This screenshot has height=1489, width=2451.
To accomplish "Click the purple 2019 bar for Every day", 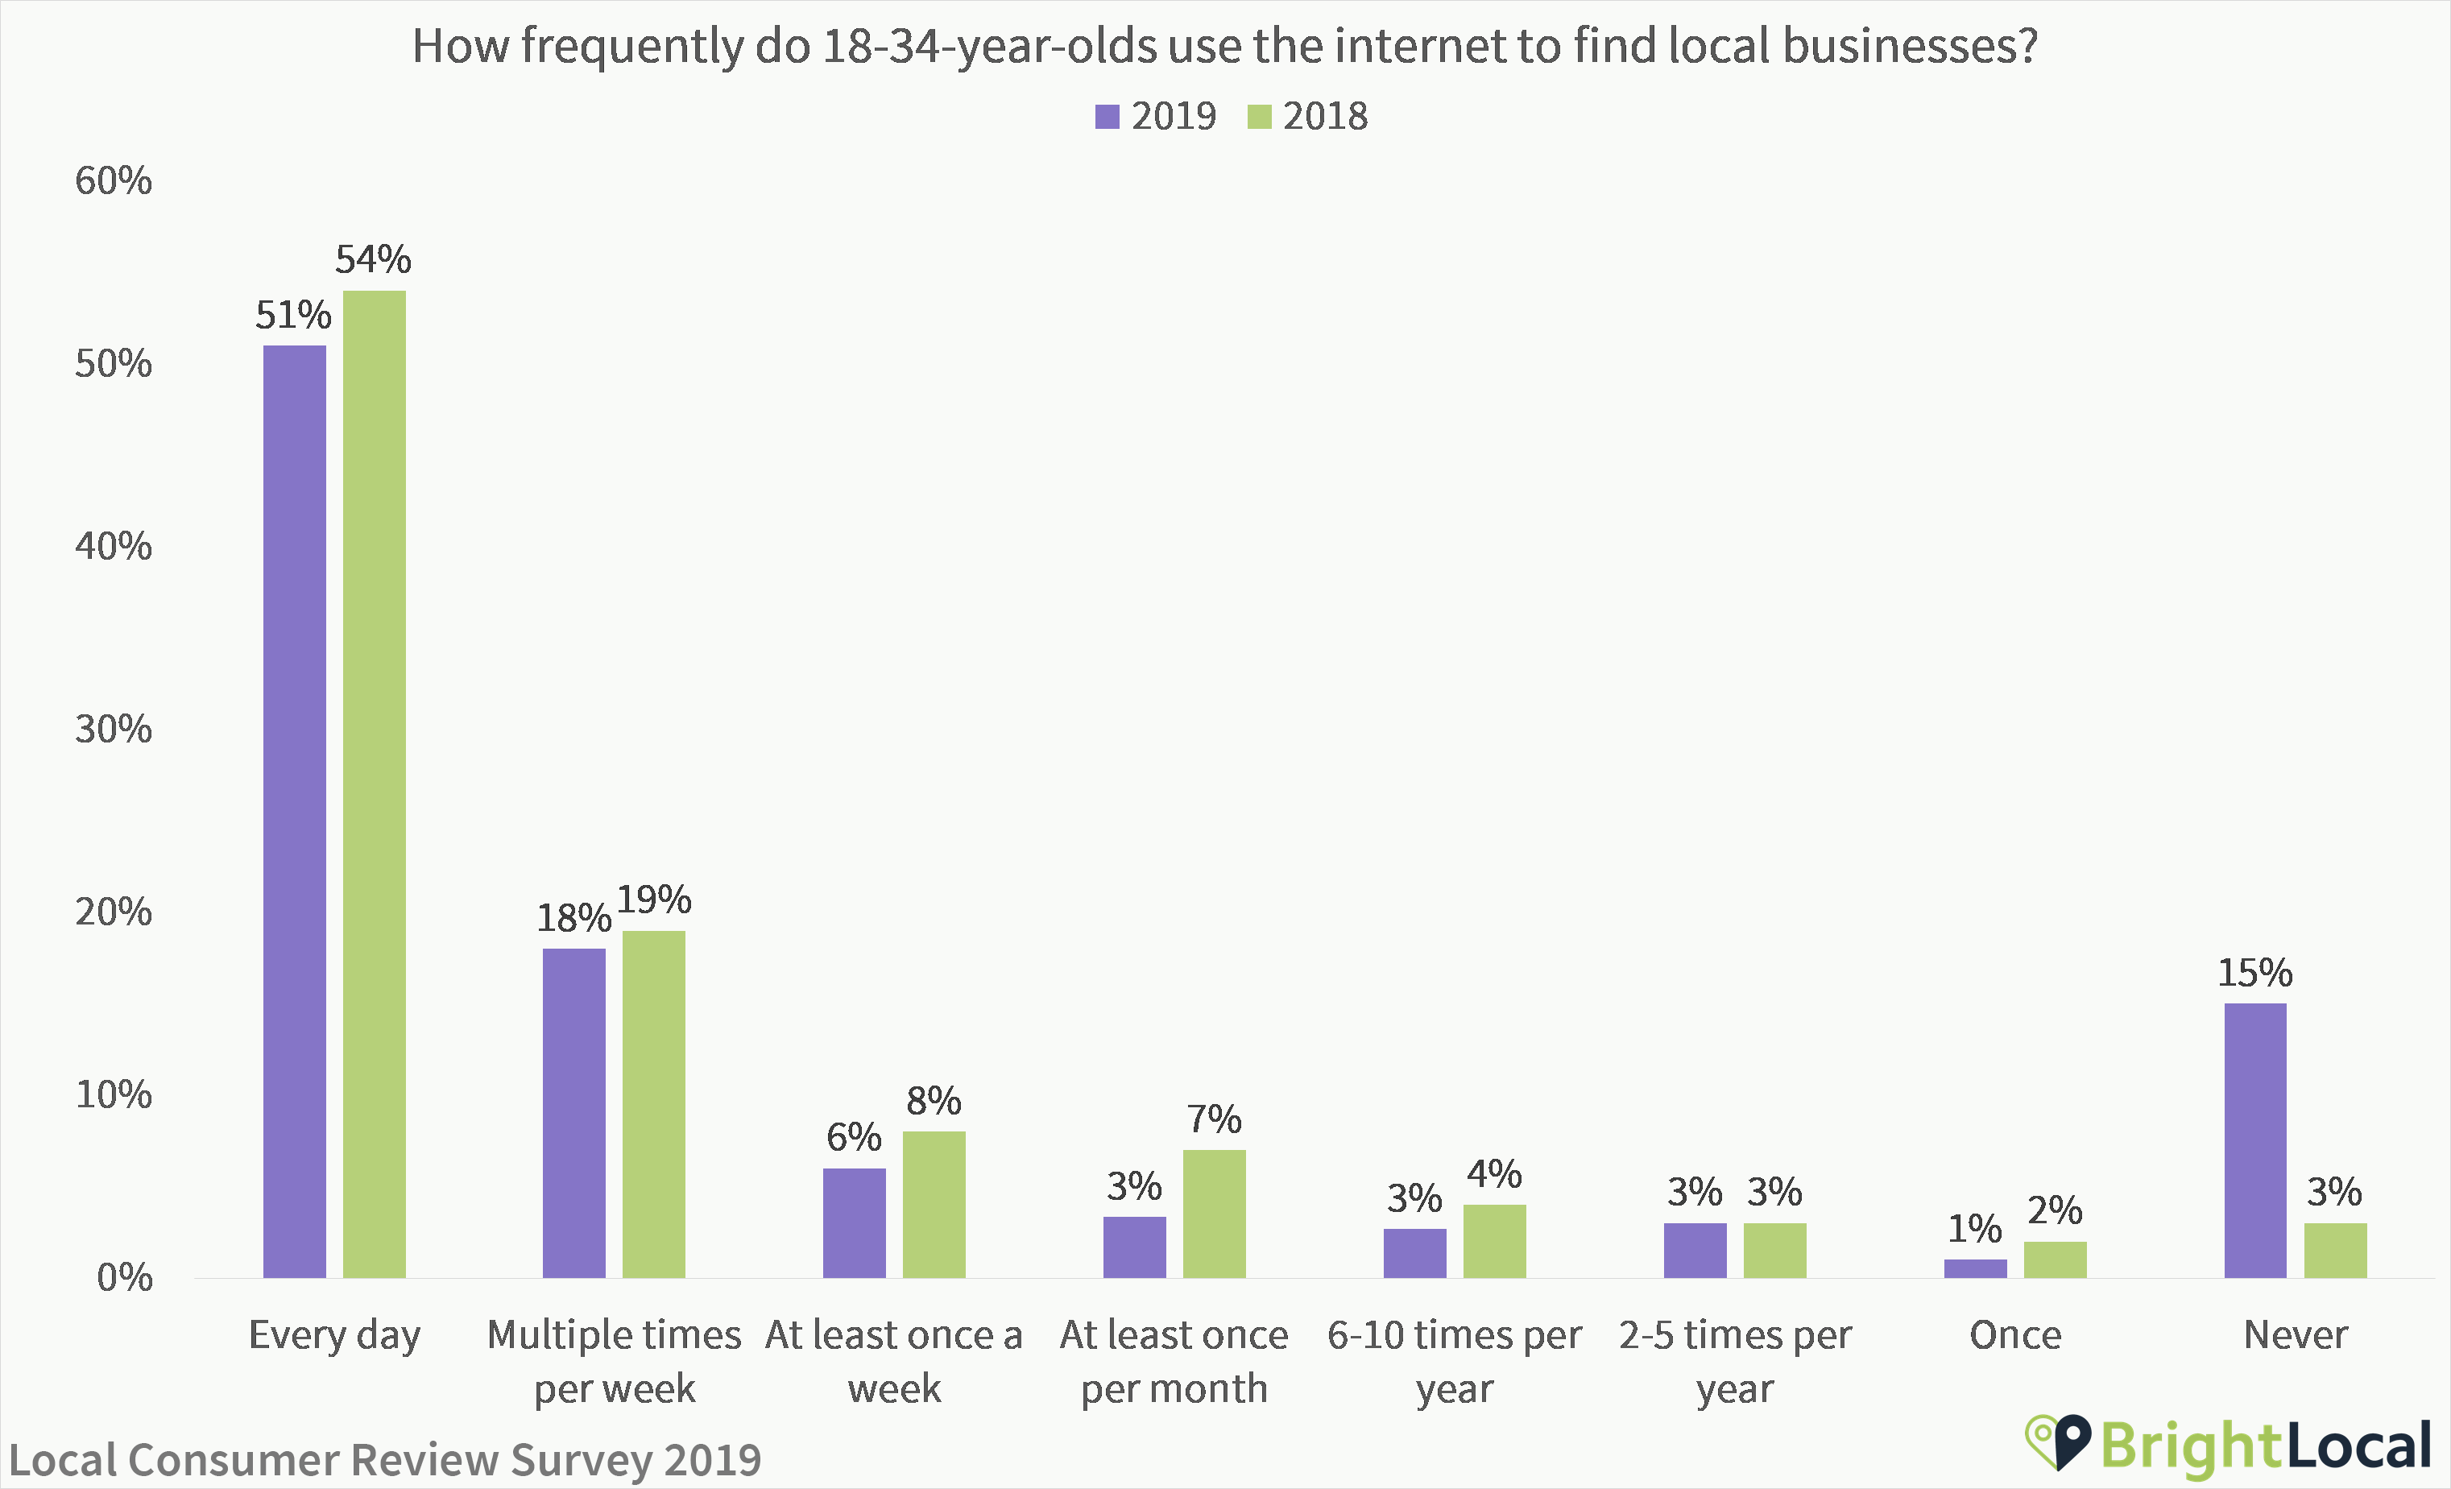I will [x=295, y=811].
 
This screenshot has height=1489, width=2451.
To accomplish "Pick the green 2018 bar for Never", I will [x=2335, y=1251].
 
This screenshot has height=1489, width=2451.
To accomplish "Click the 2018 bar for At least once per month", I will [x=1214, y=1214].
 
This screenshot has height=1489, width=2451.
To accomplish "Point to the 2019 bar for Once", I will [x=1976, y=1268].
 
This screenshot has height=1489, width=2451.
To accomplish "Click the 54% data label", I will [x=373, y=259].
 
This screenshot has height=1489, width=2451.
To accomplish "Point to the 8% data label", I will [x=933, y=1101].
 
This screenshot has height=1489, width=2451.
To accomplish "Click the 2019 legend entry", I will [x=1156, y=117].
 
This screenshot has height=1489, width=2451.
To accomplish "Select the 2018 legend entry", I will [x=1308, y=117].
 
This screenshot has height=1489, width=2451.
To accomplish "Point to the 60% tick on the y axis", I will [x=114, y=181].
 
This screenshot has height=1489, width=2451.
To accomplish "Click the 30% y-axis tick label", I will [x=114, y=729].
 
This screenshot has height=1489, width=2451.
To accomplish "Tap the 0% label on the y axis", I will [x=124, y=1277].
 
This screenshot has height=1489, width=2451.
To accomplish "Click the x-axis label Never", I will [x=2295, y=1334].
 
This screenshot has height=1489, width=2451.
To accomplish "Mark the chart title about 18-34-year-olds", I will [x=1224, y=46].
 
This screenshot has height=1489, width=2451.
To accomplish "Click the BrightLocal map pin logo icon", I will [x=2058, y=1442].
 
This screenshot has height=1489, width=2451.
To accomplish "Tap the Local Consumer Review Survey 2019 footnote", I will [x=385, y=1460].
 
